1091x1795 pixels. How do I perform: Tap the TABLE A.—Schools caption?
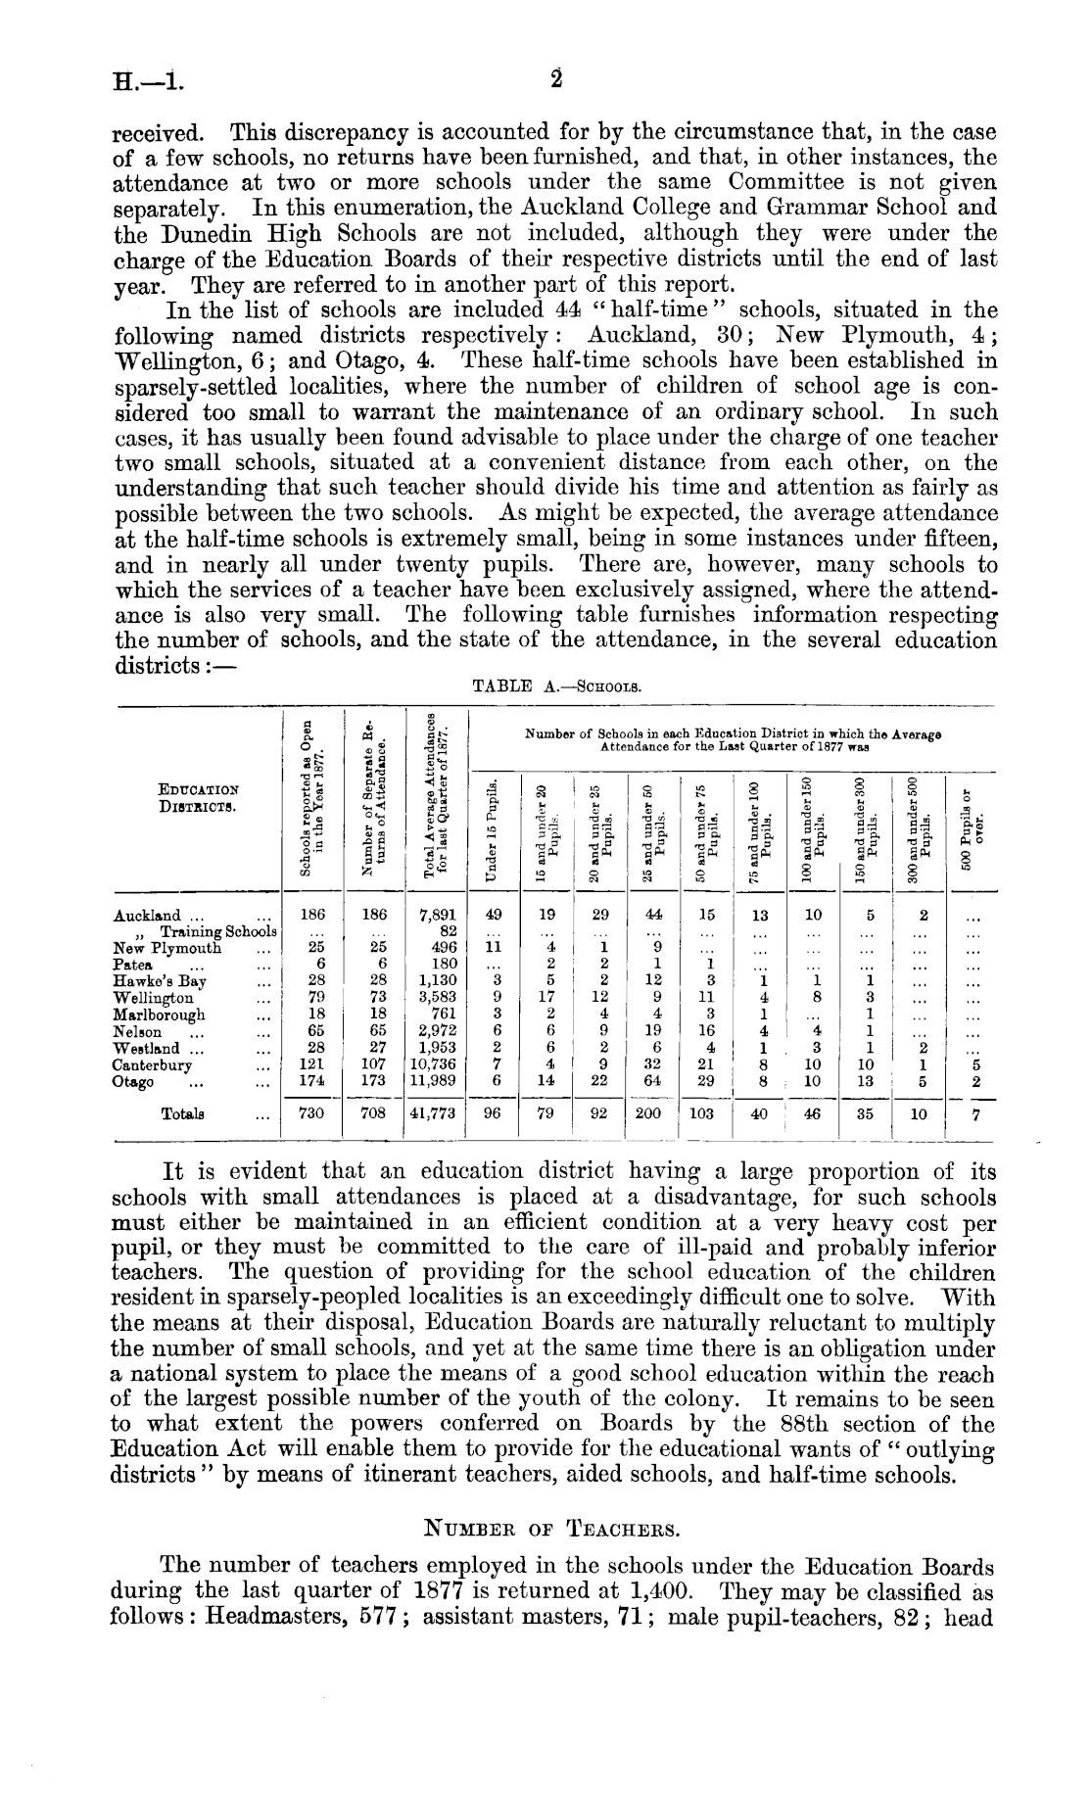(556, 686)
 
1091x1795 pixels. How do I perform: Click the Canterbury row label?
(153, 1065)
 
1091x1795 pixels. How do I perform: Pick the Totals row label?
(182, 1113)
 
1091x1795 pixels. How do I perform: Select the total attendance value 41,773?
(435, 1113)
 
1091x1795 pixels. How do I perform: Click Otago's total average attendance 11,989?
(435, 1081)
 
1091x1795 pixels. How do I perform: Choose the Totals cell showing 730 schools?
(312, 1113)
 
